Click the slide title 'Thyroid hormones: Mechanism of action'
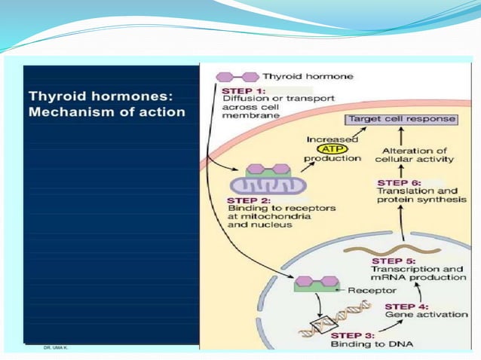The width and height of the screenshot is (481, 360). (x=106, y=104)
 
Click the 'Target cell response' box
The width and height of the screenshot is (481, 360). (x=400, y=119)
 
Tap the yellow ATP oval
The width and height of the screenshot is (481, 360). (x=332, y=149)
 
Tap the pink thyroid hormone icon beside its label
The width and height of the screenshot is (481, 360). (x=237, y=77)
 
